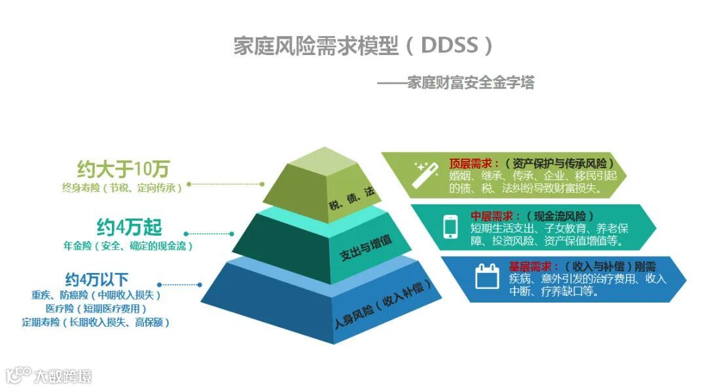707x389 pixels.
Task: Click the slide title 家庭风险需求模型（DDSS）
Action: tap(363, 46)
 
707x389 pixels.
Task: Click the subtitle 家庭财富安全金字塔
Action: tap(456, 83)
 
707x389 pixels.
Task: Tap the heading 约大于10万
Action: tap(122, 169)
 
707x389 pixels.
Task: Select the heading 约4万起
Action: tap(129, 228)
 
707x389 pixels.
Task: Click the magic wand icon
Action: tap(424, 176)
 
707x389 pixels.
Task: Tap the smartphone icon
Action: tap(450, 227)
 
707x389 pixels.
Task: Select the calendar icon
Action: tap(486, 276)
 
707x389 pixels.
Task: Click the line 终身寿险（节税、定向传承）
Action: tap(122, 187)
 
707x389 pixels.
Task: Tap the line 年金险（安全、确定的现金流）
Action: tap(128, 246)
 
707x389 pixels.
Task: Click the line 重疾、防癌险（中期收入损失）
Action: tap(96, 295)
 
